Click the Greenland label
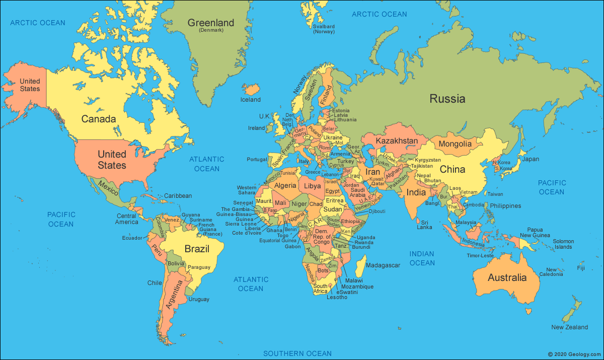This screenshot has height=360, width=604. pos(211,23)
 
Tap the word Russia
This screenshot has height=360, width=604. pos(447,99)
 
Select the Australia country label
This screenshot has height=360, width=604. pos(507,277)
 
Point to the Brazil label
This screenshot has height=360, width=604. pos(197,249)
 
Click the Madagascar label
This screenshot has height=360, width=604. pos(383,265)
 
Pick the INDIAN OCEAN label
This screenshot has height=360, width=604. pos(422,258)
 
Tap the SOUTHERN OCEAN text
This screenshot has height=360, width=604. pos(297,353)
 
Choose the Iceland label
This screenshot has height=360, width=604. pos(251,100)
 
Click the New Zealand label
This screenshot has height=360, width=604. pos(569,327)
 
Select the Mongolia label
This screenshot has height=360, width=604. pos(455,144)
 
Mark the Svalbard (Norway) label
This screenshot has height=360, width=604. pos(324,29)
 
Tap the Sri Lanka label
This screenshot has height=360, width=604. pos(424,225)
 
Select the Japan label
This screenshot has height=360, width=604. pos(530,159)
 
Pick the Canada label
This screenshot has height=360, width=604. pos(99,119)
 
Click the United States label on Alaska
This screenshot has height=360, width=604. pos(30,85)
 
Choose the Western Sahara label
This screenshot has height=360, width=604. pos(247,190)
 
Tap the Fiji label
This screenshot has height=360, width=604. pos(581,268)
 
